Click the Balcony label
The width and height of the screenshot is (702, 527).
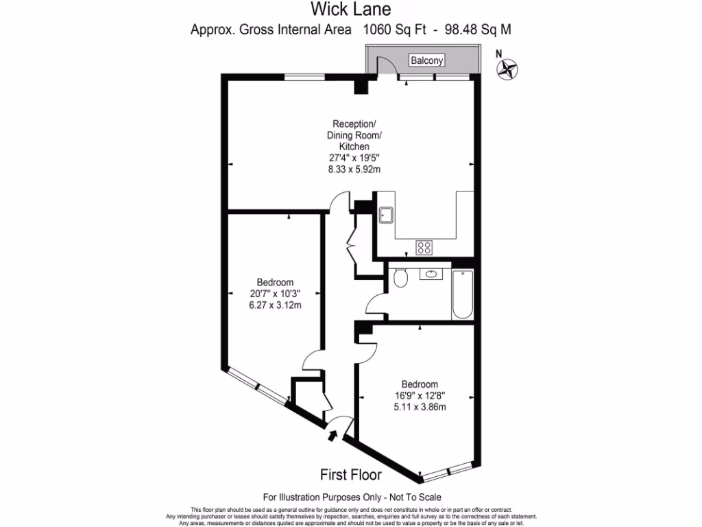coord(427,61)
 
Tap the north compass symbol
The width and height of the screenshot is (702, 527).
coord(508,68)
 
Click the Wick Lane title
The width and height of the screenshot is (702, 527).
coord(350,10)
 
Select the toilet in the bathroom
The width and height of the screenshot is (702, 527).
coord(400,277)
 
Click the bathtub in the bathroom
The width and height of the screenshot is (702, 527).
coord(463,294)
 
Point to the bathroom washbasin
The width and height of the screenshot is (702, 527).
coord(432,275)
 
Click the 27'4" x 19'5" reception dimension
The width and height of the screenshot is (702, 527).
coord(354,157)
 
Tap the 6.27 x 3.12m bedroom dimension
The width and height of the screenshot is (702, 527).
coord(275,305)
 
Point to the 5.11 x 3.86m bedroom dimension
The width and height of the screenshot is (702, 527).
coord(420,407)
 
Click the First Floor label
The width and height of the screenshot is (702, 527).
coord(351,474)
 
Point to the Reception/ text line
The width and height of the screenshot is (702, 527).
coord(354,124)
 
